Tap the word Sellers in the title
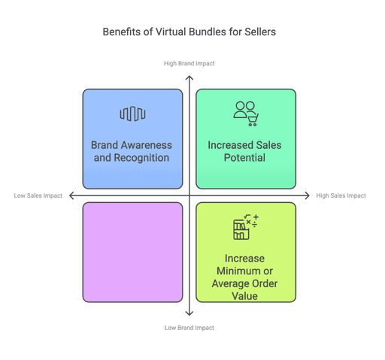tap(256, 34)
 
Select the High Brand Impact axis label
tap(189, 64)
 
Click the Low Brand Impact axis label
tap(189, 328)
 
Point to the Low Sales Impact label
tap(38, 196)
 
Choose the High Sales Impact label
tap(341, 196)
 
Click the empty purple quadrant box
tap(132, 252)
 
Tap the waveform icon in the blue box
tap(132, 114)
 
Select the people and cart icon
tap(246, 112)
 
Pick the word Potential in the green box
tap(246, 158)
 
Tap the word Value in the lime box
tap(246, 296)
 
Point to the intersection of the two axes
tap(189, 195)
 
